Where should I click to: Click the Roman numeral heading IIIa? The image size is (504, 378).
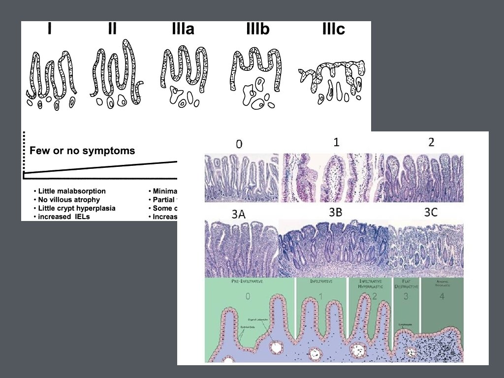click(x=183, y=30)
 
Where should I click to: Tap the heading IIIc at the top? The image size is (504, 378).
click(x=333, y=30)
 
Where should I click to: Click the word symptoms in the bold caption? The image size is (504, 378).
click(x=112, y=151)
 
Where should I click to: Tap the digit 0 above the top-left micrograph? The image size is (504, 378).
click(x=239, y=144)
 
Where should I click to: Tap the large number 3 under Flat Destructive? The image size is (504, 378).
click(x=405, y=296)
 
